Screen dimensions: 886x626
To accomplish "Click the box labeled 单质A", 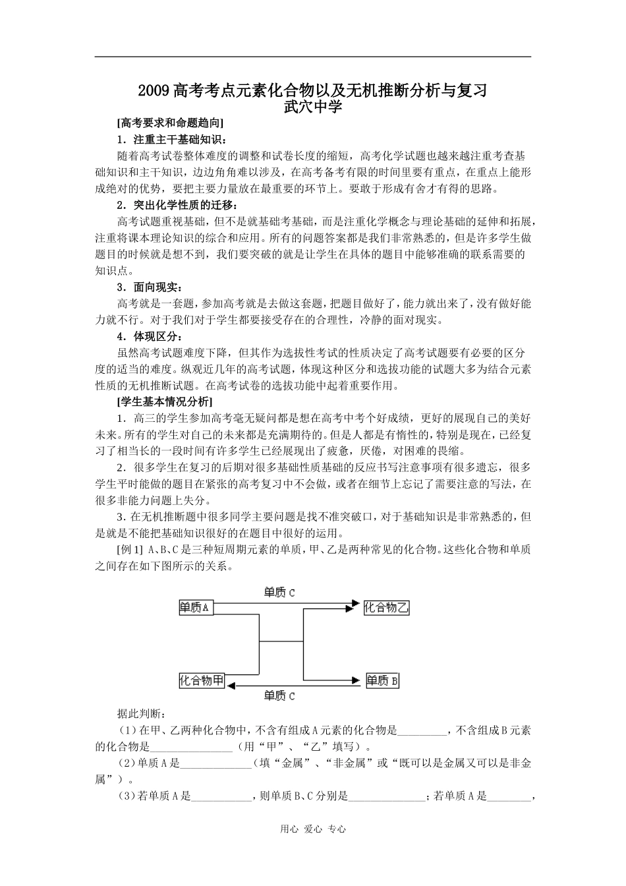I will click(194, 608).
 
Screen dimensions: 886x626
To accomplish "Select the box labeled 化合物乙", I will click(386, 608).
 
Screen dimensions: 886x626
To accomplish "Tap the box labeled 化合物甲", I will click(202, 680).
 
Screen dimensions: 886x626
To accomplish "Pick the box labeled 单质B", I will click(382, 680).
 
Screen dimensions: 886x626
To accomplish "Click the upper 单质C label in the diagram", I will click(279, 593).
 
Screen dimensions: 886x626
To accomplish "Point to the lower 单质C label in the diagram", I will click(279, 695).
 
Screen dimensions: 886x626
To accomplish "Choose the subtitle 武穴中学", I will click(312, 106).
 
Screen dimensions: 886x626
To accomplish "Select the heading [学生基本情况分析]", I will click(164, 401).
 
